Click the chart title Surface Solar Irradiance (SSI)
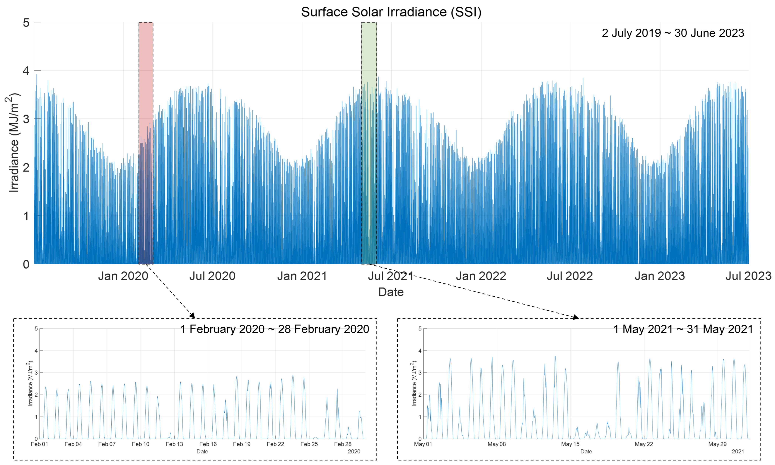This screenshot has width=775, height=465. (391, 12)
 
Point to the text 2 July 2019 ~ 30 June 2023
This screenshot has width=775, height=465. (673, 33)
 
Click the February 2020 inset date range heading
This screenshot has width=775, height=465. (274, 329)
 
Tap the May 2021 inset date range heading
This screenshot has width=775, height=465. (683, 329)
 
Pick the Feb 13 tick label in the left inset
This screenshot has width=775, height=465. (174, 444)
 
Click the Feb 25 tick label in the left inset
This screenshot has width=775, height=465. (309, 444)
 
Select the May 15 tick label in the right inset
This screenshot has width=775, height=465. (570, 444)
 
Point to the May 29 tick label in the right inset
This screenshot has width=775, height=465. (717, 444)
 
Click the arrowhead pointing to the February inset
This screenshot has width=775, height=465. (192, 315)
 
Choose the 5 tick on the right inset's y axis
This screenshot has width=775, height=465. (420, 329)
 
